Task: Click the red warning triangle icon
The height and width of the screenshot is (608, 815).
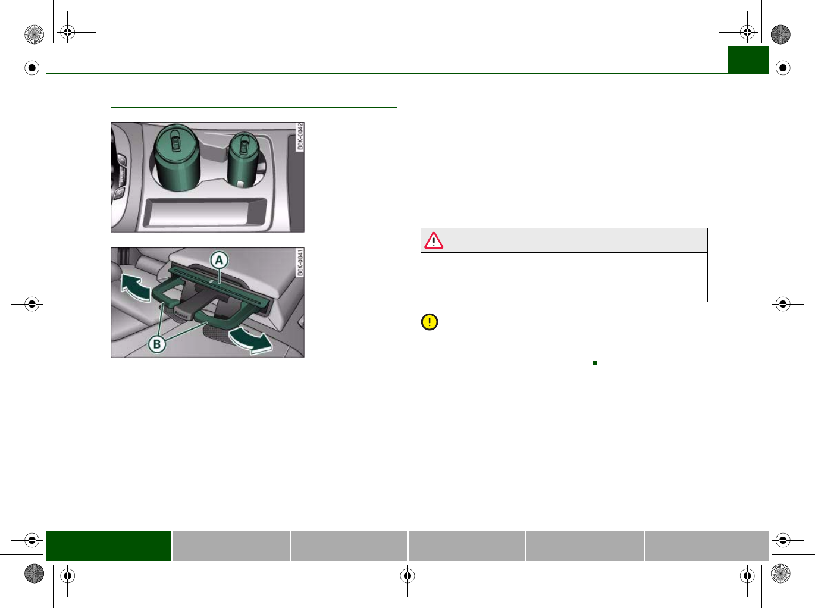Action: (x=433, y=240)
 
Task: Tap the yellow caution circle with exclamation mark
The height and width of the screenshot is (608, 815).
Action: (x=430, y=322)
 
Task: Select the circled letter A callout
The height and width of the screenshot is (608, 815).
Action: (x=219, y=260)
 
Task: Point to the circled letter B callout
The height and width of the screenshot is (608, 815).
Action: (x=157, y=344)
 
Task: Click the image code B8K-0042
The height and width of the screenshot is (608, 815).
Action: (x=300, y=137)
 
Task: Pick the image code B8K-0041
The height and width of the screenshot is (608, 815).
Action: (x=300, y=263)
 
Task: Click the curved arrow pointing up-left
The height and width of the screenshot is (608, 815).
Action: (x=136, y=287)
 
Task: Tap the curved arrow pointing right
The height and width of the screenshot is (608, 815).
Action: (x=249, y=341)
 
